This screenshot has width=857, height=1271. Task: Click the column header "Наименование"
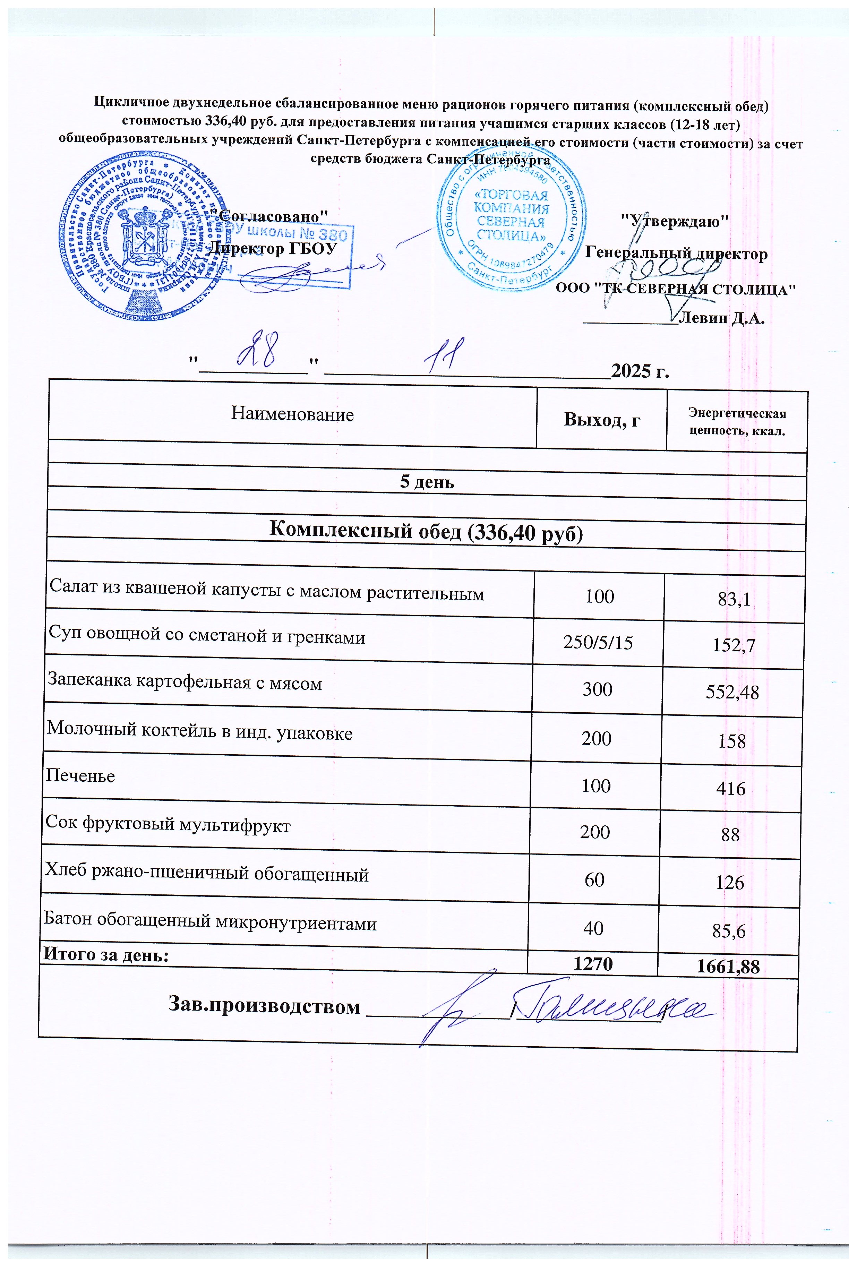click(x=292, y=414)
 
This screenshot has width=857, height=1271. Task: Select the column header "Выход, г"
click(x=602, y=420)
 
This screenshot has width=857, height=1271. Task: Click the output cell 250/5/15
click(x=598, y=643)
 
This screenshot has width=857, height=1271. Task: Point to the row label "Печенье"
click(x=80, y=776)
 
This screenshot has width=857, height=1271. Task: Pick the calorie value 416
click(x=732, y=789)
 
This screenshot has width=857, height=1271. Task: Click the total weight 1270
click(x=593, y=964)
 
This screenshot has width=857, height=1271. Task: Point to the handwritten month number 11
click(x=445, y=355)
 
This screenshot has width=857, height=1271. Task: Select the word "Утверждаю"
click(x=676, y=221)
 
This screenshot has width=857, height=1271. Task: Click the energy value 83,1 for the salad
click(x=734, y=600)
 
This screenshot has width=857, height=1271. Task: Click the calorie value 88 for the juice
click(x=730, y=834)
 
